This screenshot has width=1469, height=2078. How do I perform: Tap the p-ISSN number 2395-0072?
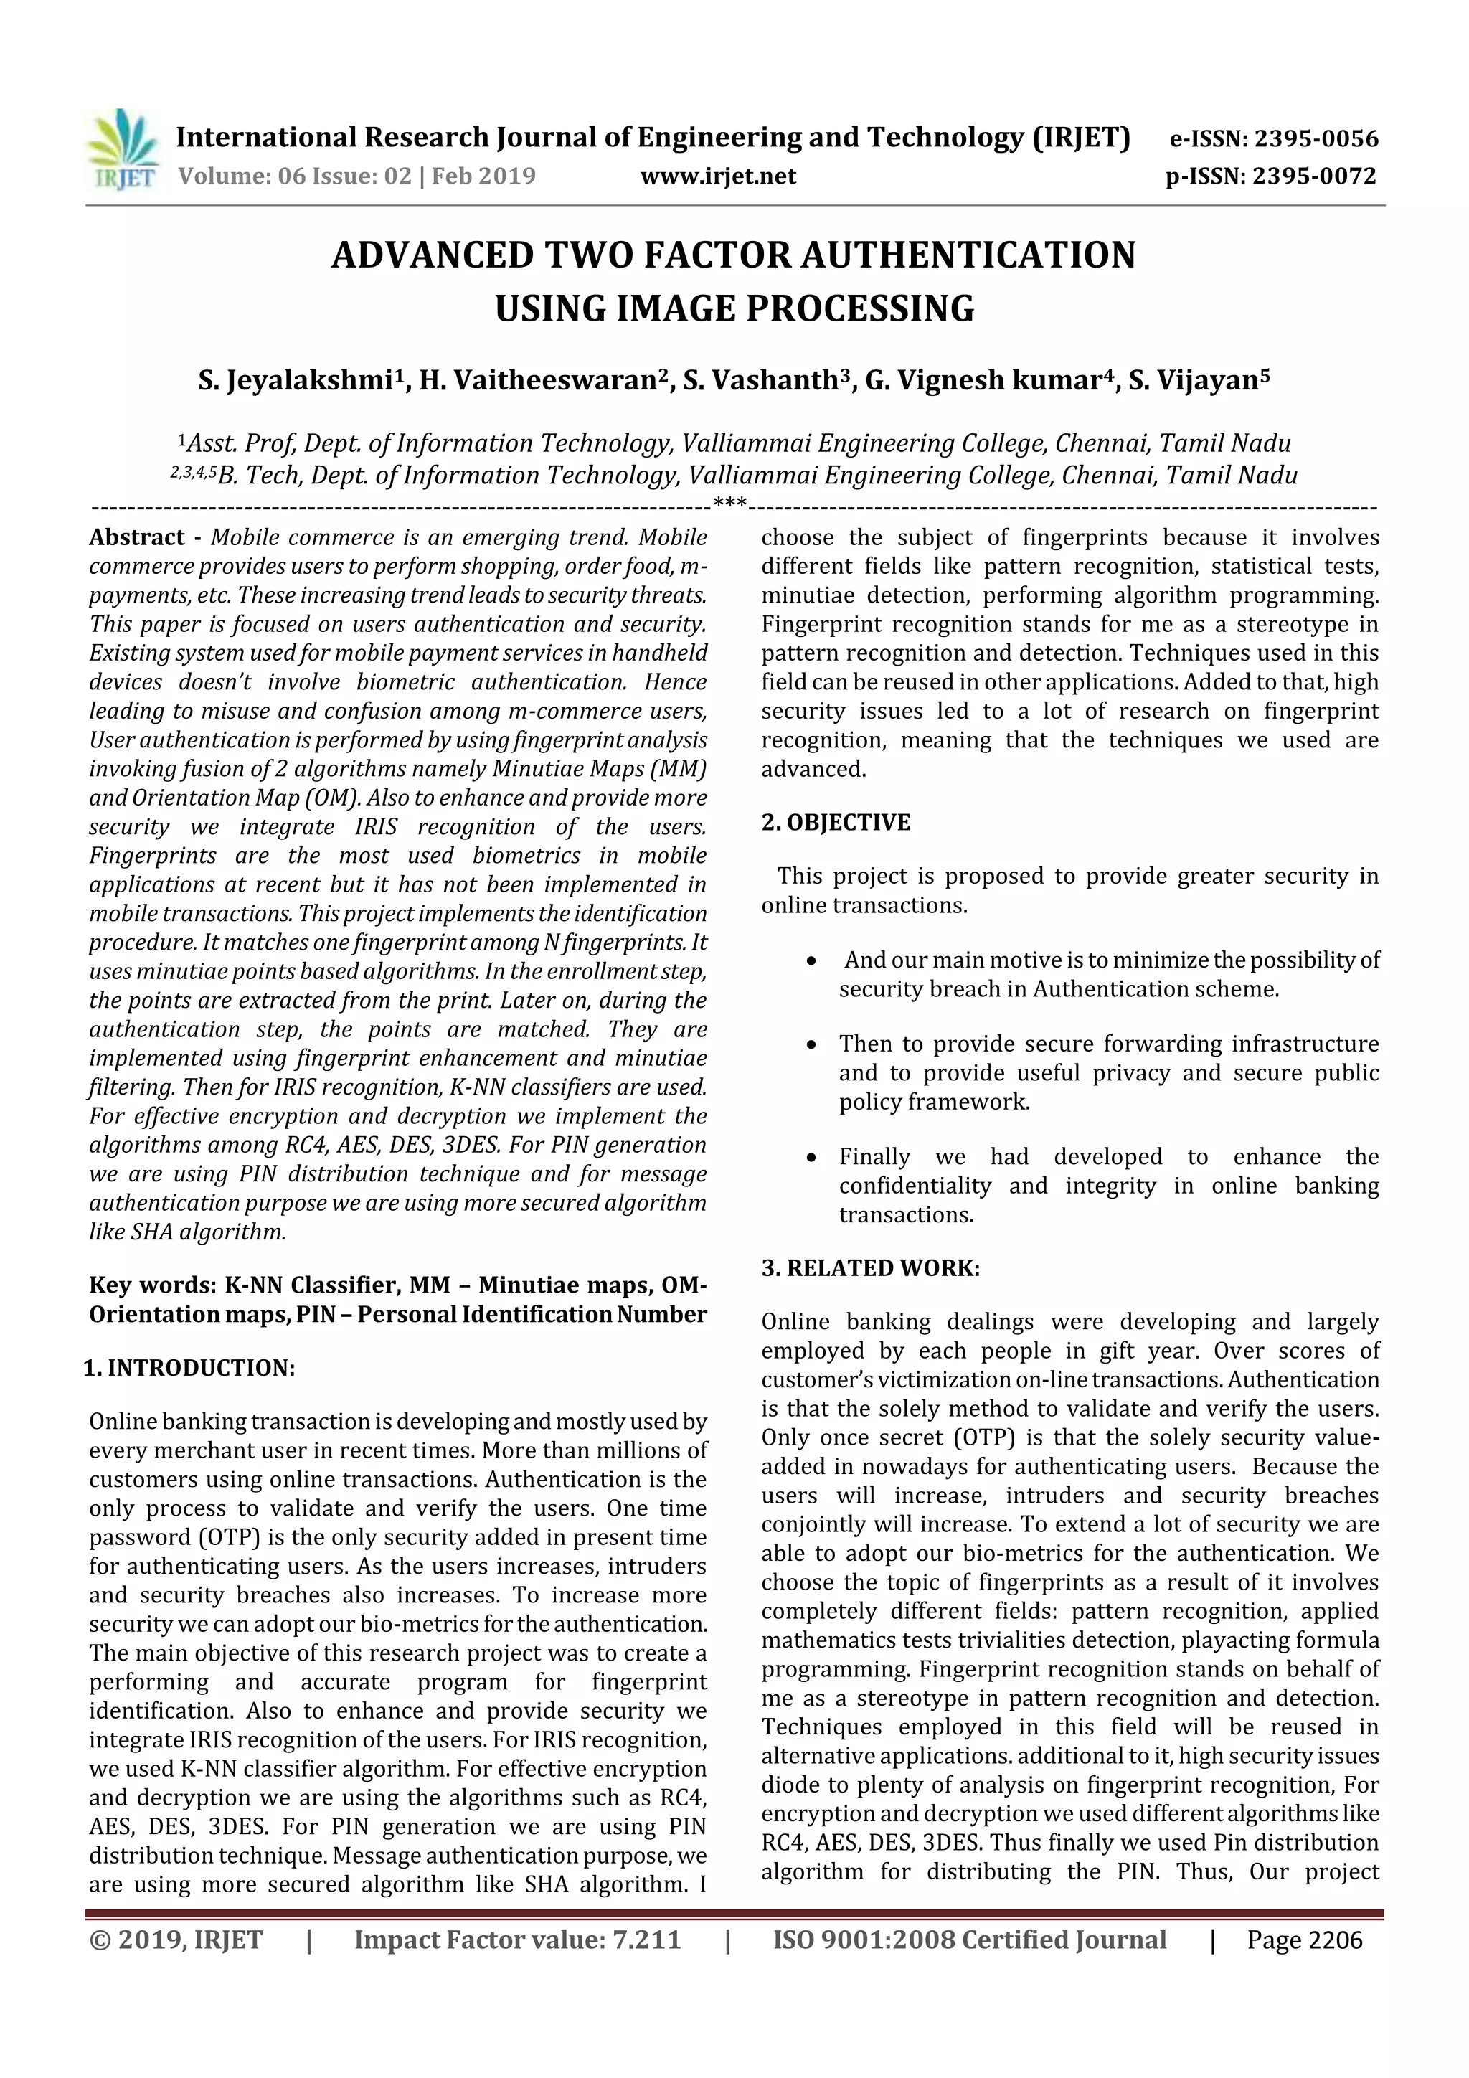pos(1314,176)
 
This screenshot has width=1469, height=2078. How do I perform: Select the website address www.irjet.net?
pos(718,176)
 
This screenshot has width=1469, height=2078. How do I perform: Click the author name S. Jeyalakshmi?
pos(295,380)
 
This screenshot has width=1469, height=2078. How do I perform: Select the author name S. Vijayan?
pos(1193,380)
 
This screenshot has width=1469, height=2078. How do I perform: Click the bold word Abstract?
pos(137,537)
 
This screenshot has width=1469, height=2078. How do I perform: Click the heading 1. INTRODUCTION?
pos(189,1368)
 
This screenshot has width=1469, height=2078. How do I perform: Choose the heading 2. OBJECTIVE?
pos(836,823)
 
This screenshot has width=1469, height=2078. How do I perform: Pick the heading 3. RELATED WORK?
pos(870,1268)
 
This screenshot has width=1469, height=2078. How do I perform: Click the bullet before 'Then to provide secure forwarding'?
pos(812,1045)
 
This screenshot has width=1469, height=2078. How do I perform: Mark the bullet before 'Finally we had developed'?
pos(812,1158)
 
